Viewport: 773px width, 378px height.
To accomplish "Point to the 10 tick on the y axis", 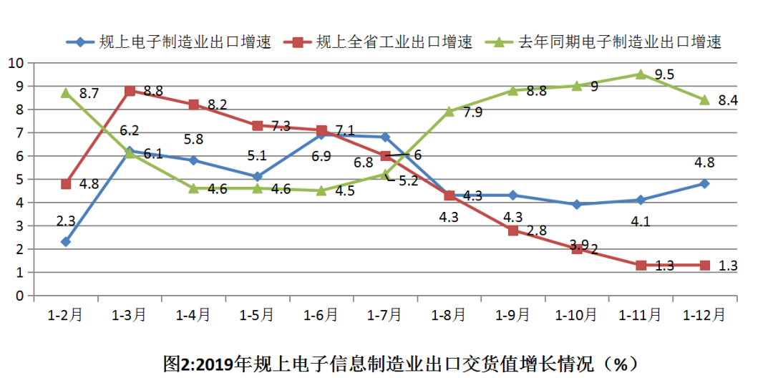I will click(16, 63).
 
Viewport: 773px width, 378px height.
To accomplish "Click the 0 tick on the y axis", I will click(19, 296).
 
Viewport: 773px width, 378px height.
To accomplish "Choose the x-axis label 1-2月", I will click(66, 314).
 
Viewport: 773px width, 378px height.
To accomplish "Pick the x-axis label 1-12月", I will click(704, 314).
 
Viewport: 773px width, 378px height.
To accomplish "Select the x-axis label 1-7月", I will click(386, 314).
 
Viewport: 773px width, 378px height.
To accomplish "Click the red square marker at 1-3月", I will click(130, 91).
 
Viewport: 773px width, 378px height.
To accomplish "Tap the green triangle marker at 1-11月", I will click(641, 74).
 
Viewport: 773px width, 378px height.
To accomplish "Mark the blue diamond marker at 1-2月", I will click(66, 242).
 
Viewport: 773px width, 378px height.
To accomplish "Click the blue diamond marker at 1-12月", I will click(704, 184).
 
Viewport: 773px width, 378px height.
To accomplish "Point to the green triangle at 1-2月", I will click(66, 92).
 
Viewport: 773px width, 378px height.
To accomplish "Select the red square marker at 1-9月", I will click(513, 231).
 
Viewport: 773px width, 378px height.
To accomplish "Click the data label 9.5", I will click(666, 74).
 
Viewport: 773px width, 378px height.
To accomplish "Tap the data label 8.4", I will click(728, 100).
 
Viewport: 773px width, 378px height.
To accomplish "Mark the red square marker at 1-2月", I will click(66, 184).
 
